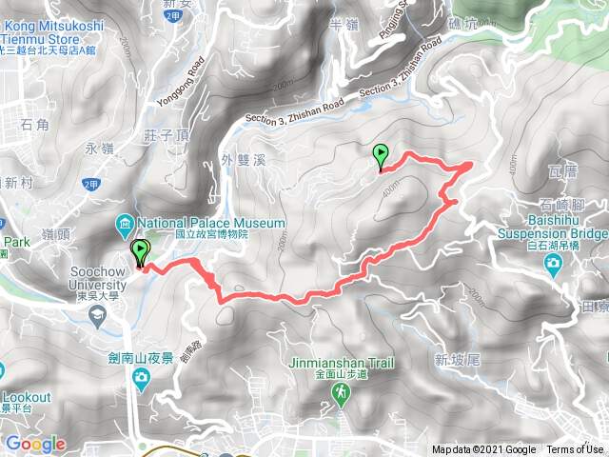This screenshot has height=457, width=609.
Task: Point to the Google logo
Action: (x=35, y=444)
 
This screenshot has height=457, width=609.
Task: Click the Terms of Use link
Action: (x=575, y=450)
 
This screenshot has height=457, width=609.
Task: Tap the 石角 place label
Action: (x=33, y=125)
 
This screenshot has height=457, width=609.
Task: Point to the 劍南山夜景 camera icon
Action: (x=142, y=379)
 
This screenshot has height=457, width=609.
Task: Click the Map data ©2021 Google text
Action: (x=483, y=450)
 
